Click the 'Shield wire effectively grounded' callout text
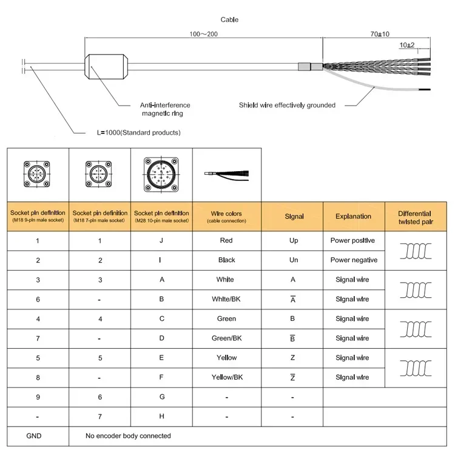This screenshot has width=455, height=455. tap(287, 105)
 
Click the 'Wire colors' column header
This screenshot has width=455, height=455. tap(227, 217)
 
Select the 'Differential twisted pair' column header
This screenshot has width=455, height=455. tap(414, 217)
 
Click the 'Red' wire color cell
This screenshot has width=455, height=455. tap(227, 241)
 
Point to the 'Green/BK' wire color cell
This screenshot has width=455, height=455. tap(227, 338)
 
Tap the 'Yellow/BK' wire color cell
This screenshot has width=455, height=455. tap(227, 377)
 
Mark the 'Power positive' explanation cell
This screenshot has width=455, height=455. tap(352, 241)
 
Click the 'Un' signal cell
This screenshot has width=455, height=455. tap(294, 260)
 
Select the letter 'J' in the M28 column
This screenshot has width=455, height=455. tap(161, 241)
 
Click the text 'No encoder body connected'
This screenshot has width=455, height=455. tap(129, 436)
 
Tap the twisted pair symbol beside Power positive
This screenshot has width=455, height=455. tap(414, 251)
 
